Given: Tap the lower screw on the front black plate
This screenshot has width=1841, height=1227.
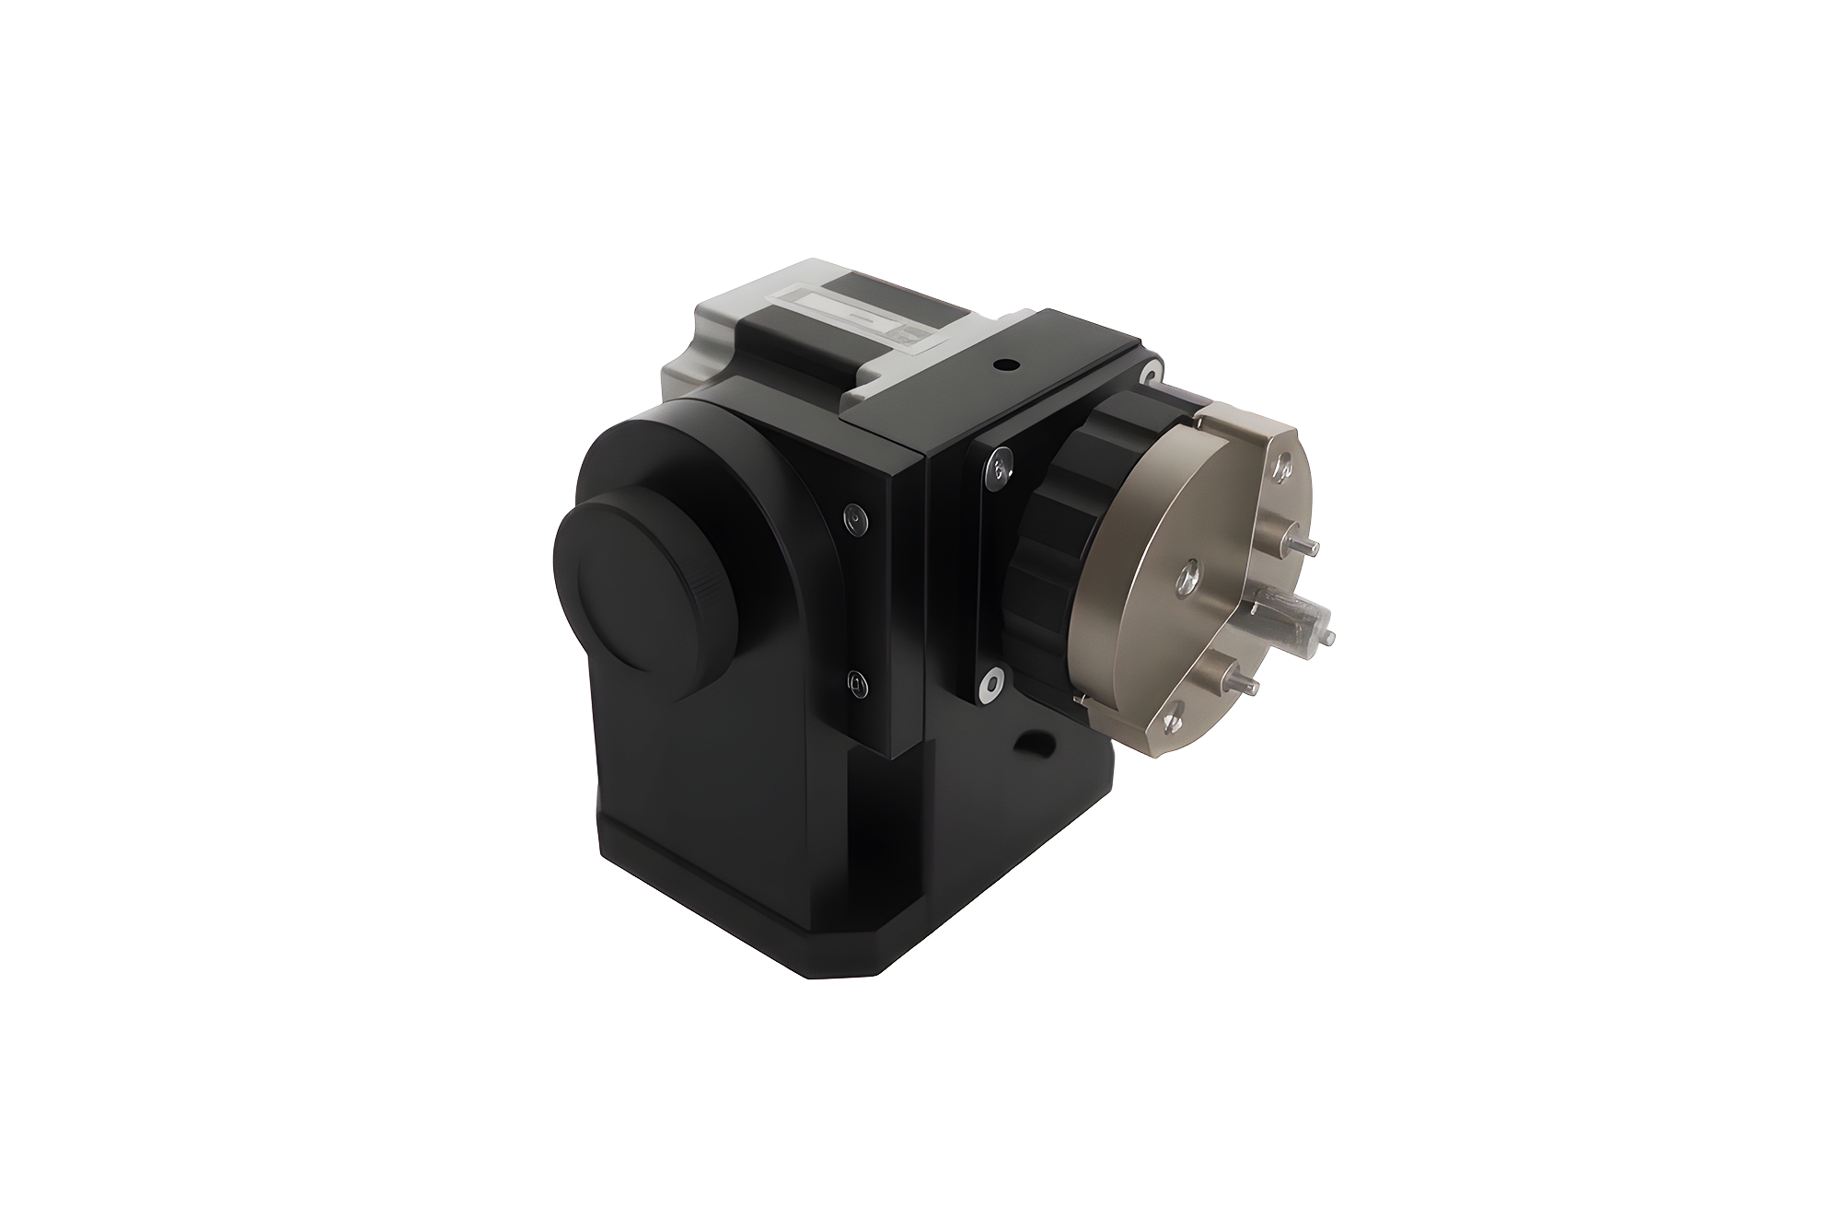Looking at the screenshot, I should (857, 683).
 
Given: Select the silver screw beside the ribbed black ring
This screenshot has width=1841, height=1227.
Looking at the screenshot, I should (1001, 467).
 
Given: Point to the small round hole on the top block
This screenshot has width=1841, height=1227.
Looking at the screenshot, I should (1005, 366).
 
